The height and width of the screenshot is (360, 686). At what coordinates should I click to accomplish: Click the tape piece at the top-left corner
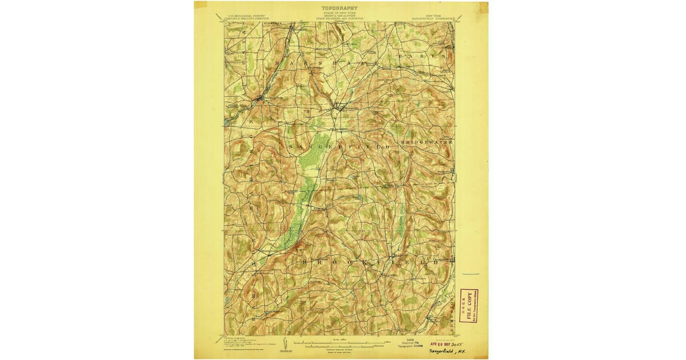click(199, 6)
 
